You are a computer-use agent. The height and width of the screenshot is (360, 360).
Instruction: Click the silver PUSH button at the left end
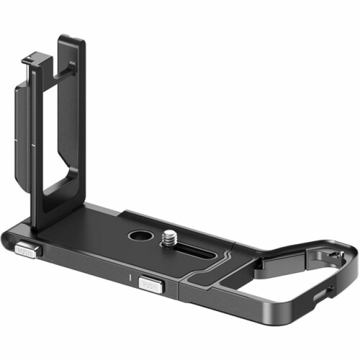pos(25,251)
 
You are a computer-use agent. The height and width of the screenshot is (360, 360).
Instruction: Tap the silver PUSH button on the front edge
pos(151,285)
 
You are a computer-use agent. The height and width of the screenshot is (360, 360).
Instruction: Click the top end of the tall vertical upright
pos(71,39)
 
